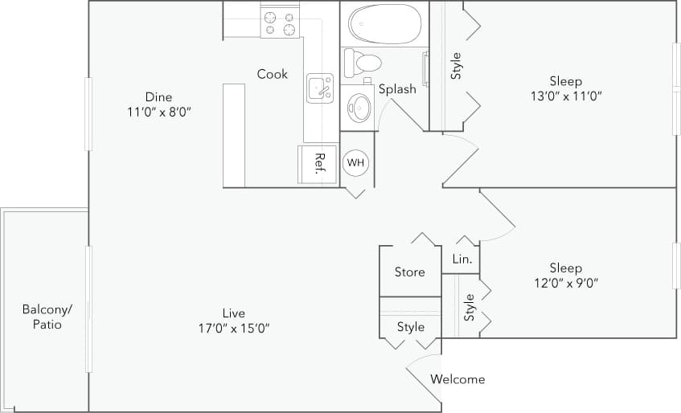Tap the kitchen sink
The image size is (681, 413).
click(320, 87)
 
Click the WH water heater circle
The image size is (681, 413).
click(355, 162)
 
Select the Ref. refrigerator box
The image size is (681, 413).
click(318, 164)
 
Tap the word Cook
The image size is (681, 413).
click(273, 74)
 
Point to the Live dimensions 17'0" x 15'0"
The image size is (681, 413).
click(235, 328)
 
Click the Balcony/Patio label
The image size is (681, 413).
click(47, 317)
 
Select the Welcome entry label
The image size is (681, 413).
click(457, 379)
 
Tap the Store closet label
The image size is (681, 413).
click(409, 272)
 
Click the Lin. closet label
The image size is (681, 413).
click(462, 260)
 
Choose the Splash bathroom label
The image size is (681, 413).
click(397, 89)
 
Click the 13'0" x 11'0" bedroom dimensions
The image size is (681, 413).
click(565, 96)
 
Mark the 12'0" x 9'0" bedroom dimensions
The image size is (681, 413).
click(565, 283)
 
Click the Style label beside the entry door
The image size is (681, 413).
click(410, 327)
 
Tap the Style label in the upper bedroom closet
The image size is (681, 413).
click(456, 66)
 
